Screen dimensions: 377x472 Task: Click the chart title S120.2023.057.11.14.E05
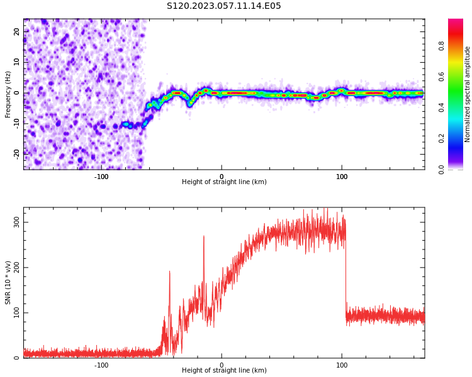tap(223, 6)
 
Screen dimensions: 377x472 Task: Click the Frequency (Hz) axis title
tap(8, 94)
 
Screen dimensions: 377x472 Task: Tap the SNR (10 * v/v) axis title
tap(8, 283)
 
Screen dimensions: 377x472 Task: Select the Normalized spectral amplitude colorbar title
tap(468, 94)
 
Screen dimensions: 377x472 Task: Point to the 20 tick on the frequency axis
tap(17, 31)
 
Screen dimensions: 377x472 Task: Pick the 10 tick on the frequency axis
tap(17, 62)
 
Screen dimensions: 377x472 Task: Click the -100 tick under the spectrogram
tap(101, 177)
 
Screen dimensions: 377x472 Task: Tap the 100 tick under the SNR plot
tap(342, 365)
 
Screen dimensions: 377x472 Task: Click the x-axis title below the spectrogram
tap(224, 182)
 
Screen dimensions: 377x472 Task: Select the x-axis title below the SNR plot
tap(224, 371)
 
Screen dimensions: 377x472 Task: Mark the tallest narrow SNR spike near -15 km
tap(204, 237)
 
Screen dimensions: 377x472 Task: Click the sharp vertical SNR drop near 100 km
tap(346, 270)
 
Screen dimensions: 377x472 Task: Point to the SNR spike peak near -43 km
tap(169, 272)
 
